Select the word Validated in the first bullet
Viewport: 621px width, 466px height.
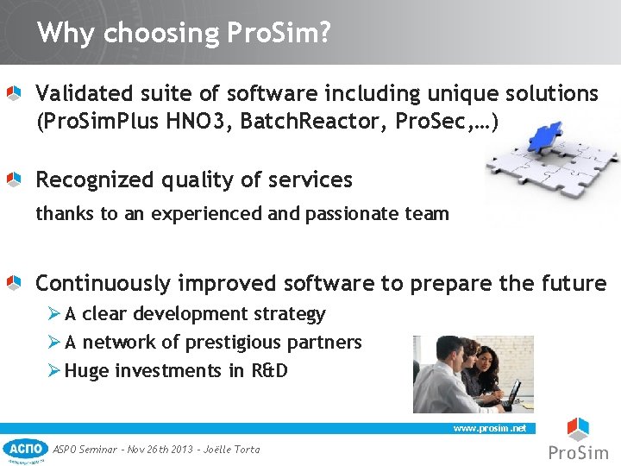click(x=78, y=93)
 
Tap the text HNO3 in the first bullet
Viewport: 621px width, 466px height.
click(x=198, y=122)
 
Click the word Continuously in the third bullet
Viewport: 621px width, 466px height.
click(x=103, y=283)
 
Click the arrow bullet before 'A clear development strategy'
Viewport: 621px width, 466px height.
click(x=54, y=314)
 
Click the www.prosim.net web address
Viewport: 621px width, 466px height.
click(x=489, y=428)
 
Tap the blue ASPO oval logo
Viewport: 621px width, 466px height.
click(x=25, y=448)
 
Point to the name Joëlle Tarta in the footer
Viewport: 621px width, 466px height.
click(x=231, y=449)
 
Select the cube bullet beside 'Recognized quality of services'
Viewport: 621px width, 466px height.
click(x=14, y=179)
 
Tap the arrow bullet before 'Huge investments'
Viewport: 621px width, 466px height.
click(x=54, y=371)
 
